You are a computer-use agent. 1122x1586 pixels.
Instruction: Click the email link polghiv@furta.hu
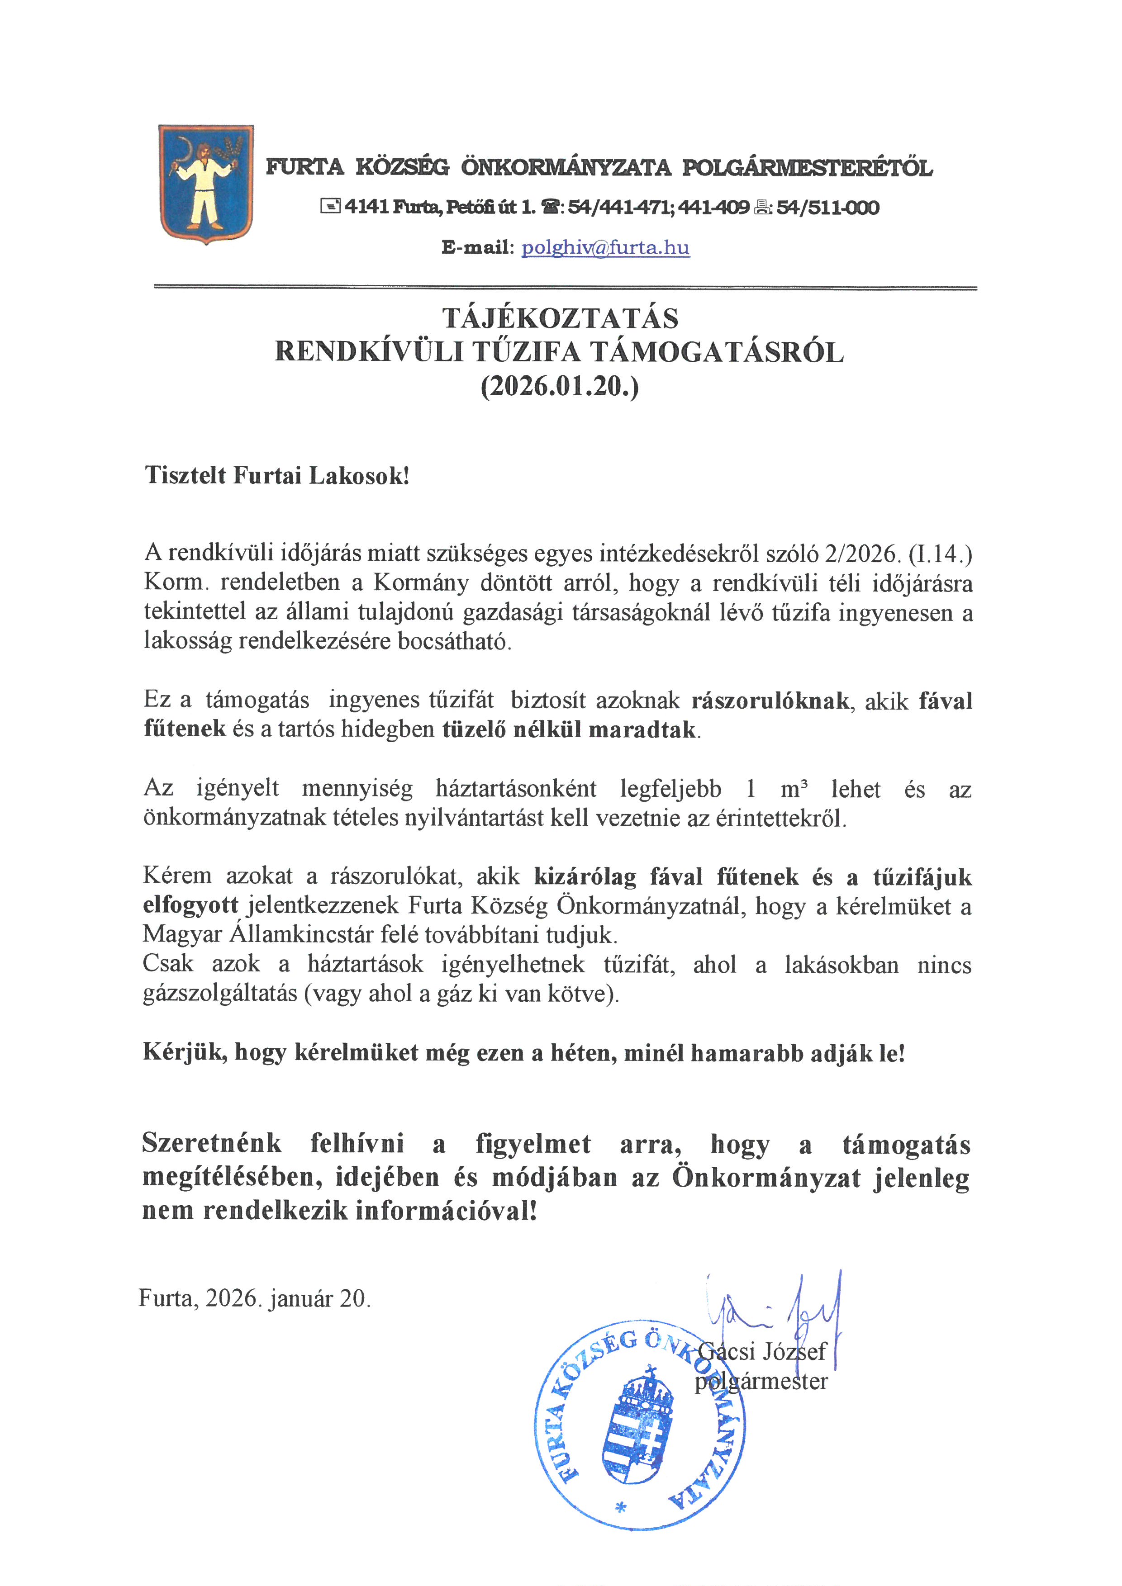tap(605, 248)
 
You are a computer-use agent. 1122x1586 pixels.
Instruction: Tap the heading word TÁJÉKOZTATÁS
tap(560, 318)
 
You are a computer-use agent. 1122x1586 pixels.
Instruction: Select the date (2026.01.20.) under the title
tap(560, 386)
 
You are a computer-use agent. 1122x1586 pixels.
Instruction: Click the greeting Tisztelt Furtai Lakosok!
tap(277, 476)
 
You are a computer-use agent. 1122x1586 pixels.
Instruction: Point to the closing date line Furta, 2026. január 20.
tap(255, 1299)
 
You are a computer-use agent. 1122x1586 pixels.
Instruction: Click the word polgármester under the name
tap(761, 1382)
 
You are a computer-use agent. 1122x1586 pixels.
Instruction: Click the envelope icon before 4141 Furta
tap(330, 206)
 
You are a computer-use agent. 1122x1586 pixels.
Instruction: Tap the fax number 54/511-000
tap(827, 207)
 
